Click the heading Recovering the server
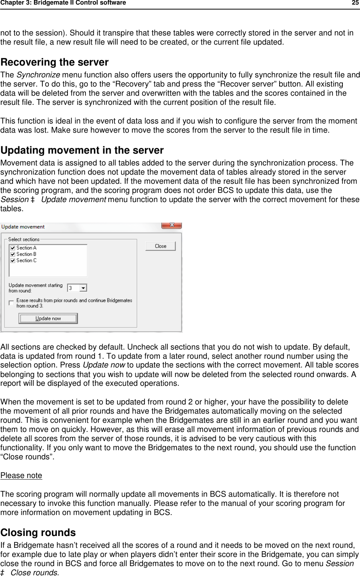tap(55, 62)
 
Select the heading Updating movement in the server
tap(82, 150)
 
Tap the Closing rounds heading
tap(38, 533)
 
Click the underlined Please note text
tap(21, 476)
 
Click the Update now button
tap(48, 318)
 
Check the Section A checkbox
tap(13, 248)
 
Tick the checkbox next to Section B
tap(13, 254)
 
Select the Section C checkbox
tap(13, 261)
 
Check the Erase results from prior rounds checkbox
tap(11, 303)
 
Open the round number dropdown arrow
tap(84, 288)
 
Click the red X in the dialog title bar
tap(172, 225)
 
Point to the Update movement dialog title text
tap(23, 227)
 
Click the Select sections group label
tap(24, 239)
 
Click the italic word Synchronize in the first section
tap(38, 75)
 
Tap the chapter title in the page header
tap(63, 3)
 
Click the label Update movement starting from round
tap(35, 288)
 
